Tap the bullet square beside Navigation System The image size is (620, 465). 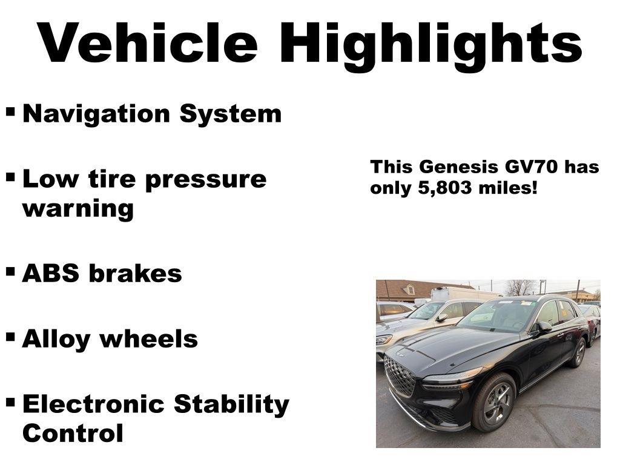pos(10,112)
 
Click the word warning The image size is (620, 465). pos(77,209)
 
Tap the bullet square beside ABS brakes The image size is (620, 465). pos(10,272)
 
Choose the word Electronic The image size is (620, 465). pos(94,404)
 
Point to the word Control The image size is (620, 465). pos(73,433)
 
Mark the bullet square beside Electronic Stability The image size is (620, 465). pos(10,401)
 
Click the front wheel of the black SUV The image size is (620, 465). pos(495,402)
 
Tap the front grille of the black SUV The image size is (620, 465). pos(400,375)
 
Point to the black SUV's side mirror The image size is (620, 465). pos(543,327)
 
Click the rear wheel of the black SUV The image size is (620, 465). pos(578,353)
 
